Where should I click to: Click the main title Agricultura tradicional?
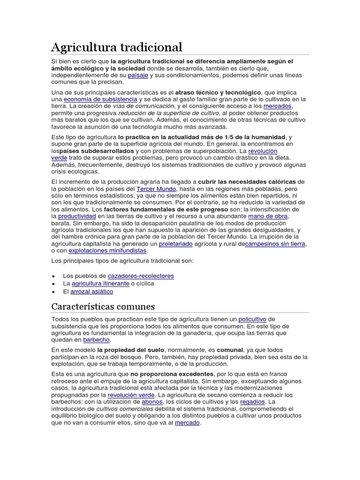116,47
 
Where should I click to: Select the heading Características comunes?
103,307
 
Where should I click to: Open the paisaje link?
138,75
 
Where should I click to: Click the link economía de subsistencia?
100,99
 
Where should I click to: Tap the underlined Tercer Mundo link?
156,188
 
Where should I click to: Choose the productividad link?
77,216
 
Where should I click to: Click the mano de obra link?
268,216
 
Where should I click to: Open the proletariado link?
176,244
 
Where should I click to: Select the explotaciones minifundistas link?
108,251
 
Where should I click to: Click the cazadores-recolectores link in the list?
141,276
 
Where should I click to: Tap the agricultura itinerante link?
100,284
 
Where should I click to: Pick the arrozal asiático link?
91,292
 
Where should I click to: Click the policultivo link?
253,319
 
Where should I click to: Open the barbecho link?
96,339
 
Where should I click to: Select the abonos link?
153,402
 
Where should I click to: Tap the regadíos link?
252,402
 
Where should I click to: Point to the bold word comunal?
229,350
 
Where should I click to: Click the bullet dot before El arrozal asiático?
54,292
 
